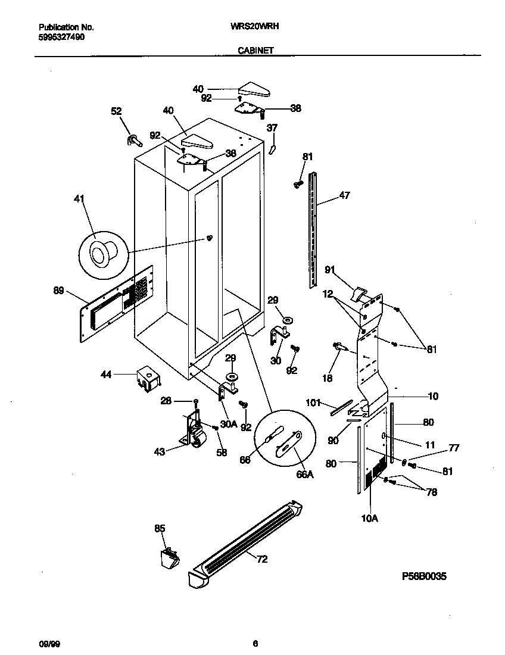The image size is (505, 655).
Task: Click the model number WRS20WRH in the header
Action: [255, 27]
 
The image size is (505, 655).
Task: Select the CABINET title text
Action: [255, 51]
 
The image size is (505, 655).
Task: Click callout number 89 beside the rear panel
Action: [58, 290]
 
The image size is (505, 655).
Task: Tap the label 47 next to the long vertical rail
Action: [345, 195]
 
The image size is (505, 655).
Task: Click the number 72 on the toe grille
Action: [261, 559]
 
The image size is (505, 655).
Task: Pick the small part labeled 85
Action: [169, 558]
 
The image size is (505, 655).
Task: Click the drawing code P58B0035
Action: [424, 576]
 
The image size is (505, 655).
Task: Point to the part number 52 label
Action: [116, 111]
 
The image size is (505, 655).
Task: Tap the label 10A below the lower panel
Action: [369, 519]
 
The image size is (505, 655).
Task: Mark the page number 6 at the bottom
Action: [255, 642]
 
